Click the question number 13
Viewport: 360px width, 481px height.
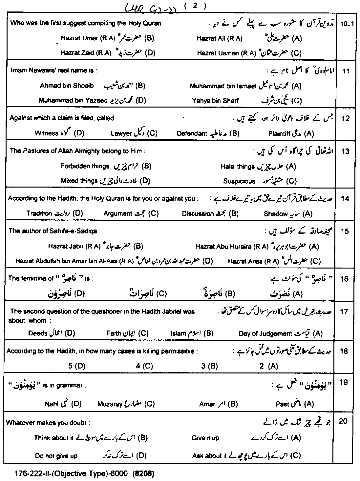(x=345, y=151)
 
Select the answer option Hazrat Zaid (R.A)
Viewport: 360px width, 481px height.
(x=86, y=53)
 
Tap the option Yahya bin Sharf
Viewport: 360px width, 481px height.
(x=215, y=101)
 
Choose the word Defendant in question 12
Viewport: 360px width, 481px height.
(x=192, y=133)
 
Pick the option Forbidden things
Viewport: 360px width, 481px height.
(x=85, y=166)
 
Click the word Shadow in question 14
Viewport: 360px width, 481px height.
(x=276, y=214)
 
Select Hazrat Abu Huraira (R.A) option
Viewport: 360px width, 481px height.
(x=232, y=246)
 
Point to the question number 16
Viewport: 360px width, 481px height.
(x=345, y=279)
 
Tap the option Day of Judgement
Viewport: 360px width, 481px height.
(x=265, y=334)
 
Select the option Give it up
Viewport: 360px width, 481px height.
(x=205, y=438)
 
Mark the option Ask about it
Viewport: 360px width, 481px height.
(x=209, y=456)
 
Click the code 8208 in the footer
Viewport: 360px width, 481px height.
(x=143, y=474)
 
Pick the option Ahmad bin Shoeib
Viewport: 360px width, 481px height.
(x=67, y=86)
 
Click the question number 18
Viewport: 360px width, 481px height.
(x=344, y=351)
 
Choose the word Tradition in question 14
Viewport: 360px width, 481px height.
(x=39, y=213)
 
